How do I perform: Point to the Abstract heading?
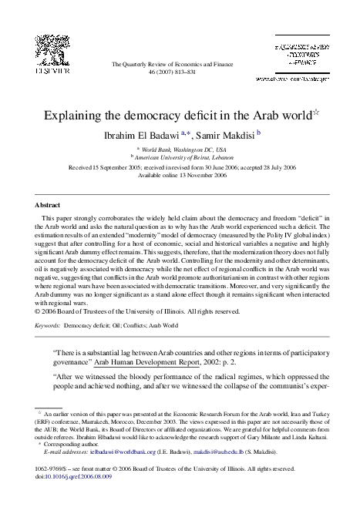tap(49, 206)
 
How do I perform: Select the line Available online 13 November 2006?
tap(180, 175)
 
